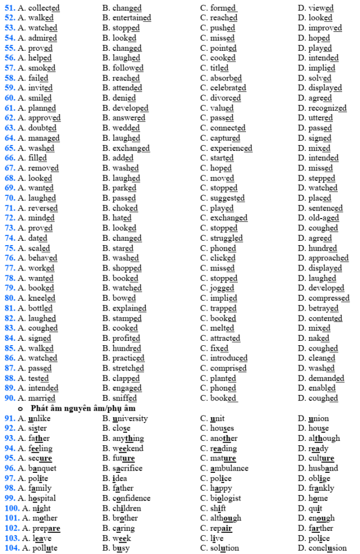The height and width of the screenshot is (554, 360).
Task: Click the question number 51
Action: pos(10,8)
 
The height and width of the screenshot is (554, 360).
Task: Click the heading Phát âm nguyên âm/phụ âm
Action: pos(83,408)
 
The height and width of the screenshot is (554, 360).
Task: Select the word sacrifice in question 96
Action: pos(129,468)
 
